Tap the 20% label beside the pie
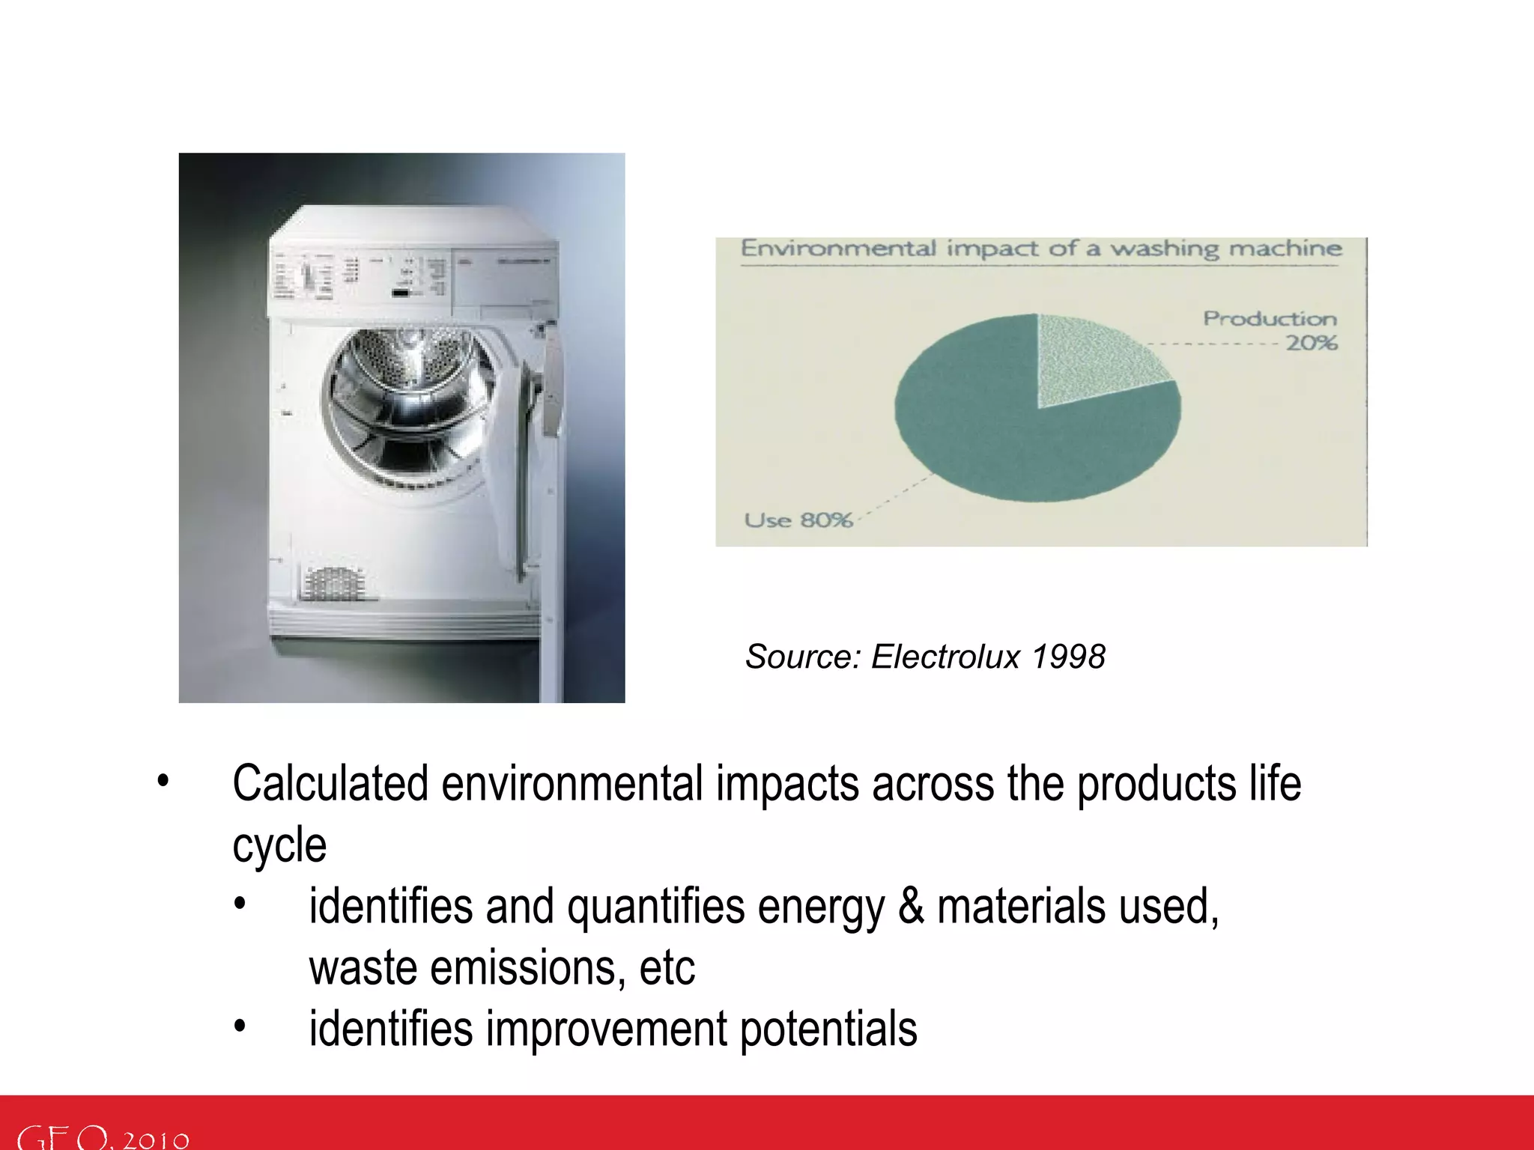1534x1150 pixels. (x=1312, y=344)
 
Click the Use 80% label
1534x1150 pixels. (x=798, y=520)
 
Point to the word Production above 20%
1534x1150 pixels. (x=1270, y=319)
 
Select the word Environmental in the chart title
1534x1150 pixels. (x=838, y=249)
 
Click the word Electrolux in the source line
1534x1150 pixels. (x=945, y=657)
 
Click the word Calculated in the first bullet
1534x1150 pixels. (x=330, y=784)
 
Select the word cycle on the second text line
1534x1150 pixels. (x=279, y=846)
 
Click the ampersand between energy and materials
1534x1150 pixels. (x=910, y=907)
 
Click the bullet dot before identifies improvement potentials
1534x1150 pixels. (x=239, y=1026)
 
